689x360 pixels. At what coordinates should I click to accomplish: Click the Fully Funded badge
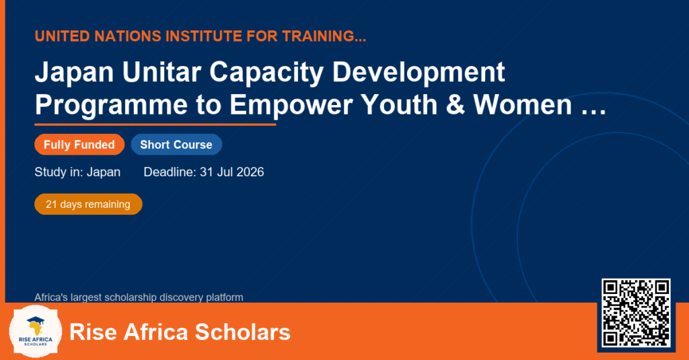click(79, 145)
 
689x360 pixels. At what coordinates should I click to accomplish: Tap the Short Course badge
click(176, 145)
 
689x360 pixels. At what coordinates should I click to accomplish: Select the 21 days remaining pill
click(88, 205)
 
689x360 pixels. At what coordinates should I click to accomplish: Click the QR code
click(636, 313)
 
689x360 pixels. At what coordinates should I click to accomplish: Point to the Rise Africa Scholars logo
click(36, 332)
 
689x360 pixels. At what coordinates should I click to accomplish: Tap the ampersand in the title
click(456, 105)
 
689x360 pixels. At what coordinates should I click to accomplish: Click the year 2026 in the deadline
click(250, 172)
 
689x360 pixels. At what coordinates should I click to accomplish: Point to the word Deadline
click(170, 172)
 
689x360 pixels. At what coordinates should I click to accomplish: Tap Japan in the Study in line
click(104, 172)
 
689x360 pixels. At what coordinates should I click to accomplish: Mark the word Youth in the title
click(399, 105)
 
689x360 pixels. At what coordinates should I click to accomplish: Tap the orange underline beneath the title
click(155, 125)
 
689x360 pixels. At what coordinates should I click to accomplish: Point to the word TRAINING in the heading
click(318, 36)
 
